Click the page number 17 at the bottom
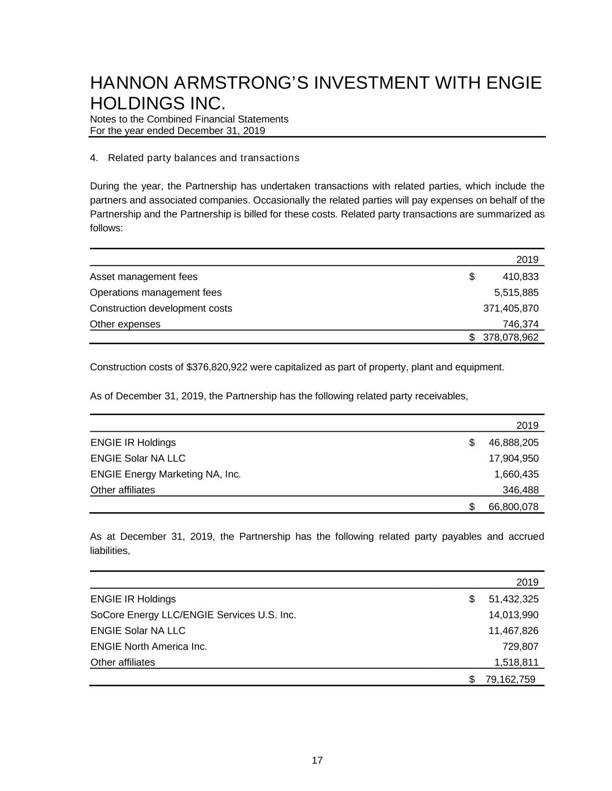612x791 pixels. [x=317, y=760]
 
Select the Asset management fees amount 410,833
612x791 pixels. [x=520, y=276]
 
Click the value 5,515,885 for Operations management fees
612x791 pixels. [x=516, y=292]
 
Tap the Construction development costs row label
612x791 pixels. [x=161, y=308]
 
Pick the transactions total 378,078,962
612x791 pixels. [x=510, y=337]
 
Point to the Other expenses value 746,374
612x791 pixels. [x=520, y=324]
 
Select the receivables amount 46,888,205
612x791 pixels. [x=513, y=443]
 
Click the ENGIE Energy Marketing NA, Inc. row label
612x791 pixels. [x=165, y=474]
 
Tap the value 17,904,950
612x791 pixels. [x=513, y=458]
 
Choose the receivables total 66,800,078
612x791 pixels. [x=513, y=507]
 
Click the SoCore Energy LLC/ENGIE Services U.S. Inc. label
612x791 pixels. [x=193, y=615]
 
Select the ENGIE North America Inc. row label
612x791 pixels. [x=149, y=646]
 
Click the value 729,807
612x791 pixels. [x=520, y=646]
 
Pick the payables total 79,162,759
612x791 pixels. [x=510, y=679]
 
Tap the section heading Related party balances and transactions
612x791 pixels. [x=203, y=158]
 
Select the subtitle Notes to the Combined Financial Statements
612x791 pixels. [x=189, y=119]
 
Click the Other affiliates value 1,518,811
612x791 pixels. [x=516, y=662]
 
